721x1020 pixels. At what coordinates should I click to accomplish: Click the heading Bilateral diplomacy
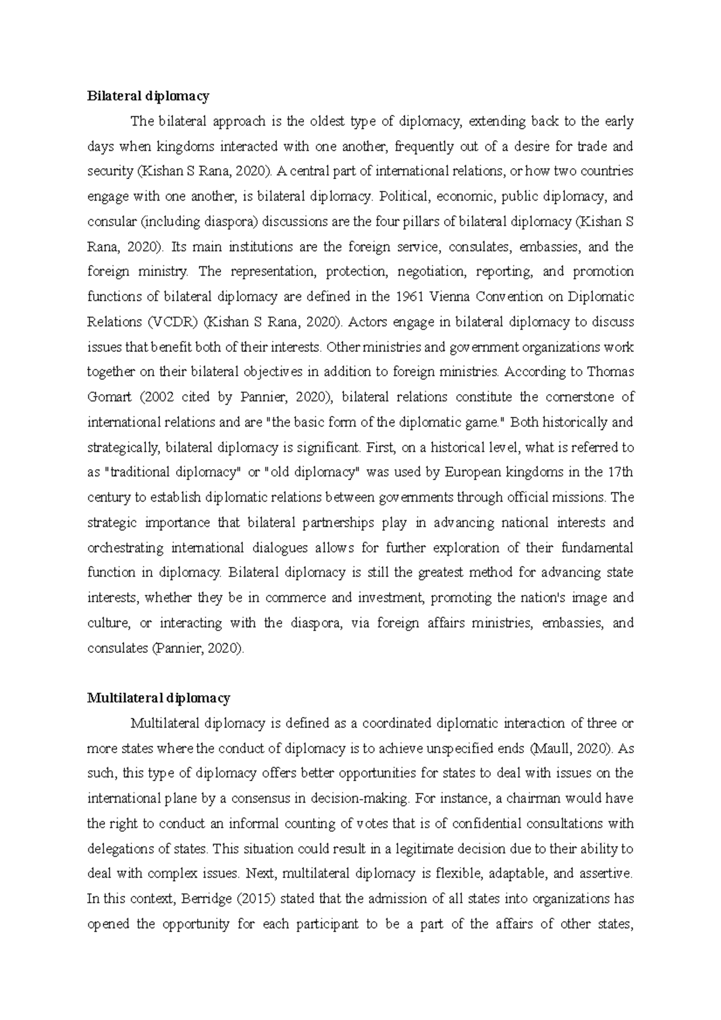(x=148, y=96)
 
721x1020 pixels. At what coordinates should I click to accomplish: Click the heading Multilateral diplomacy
(x=159, y=698)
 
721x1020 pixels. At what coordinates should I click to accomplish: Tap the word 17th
(x=620, y=472)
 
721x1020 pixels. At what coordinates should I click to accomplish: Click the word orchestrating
(x=125, y=548)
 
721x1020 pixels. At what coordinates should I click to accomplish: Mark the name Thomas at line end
(x=610, y=372)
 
